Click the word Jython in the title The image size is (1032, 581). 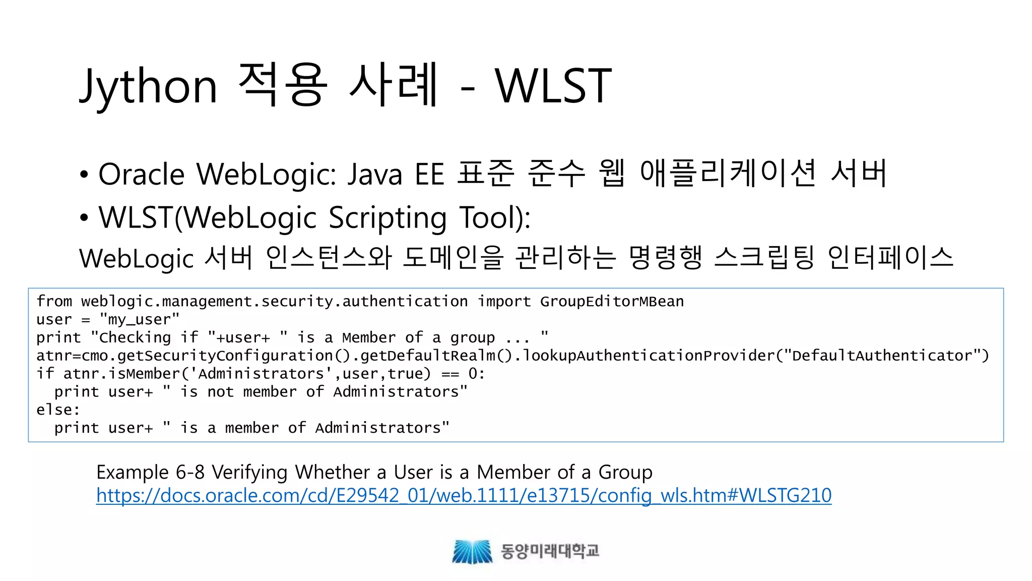click(149, 86)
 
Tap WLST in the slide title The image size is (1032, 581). click(553, 86)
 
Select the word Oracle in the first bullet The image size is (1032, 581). click(142, 175)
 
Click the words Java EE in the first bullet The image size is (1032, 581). click(396, 175)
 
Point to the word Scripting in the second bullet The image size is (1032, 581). click(388, 218)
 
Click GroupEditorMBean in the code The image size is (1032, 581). click(612, 302)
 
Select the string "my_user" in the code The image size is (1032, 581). click(139, 320)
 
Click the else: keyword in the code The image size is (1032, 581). click(58, 410)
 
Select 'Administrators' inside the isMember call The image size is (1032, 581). click(261, 374)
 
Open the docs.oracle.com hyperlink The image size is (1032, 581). click(464, 495)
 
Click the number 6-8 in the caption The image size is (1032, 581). click(190, 473)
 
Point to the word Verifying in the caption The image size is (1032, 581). click(250, 473)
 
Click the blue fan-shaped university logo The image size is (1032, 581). click(472, 551)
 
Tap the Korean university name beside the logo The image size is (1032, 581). click(550, 551)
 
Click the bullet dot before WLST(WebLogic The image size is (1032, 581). click(84, 218)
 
